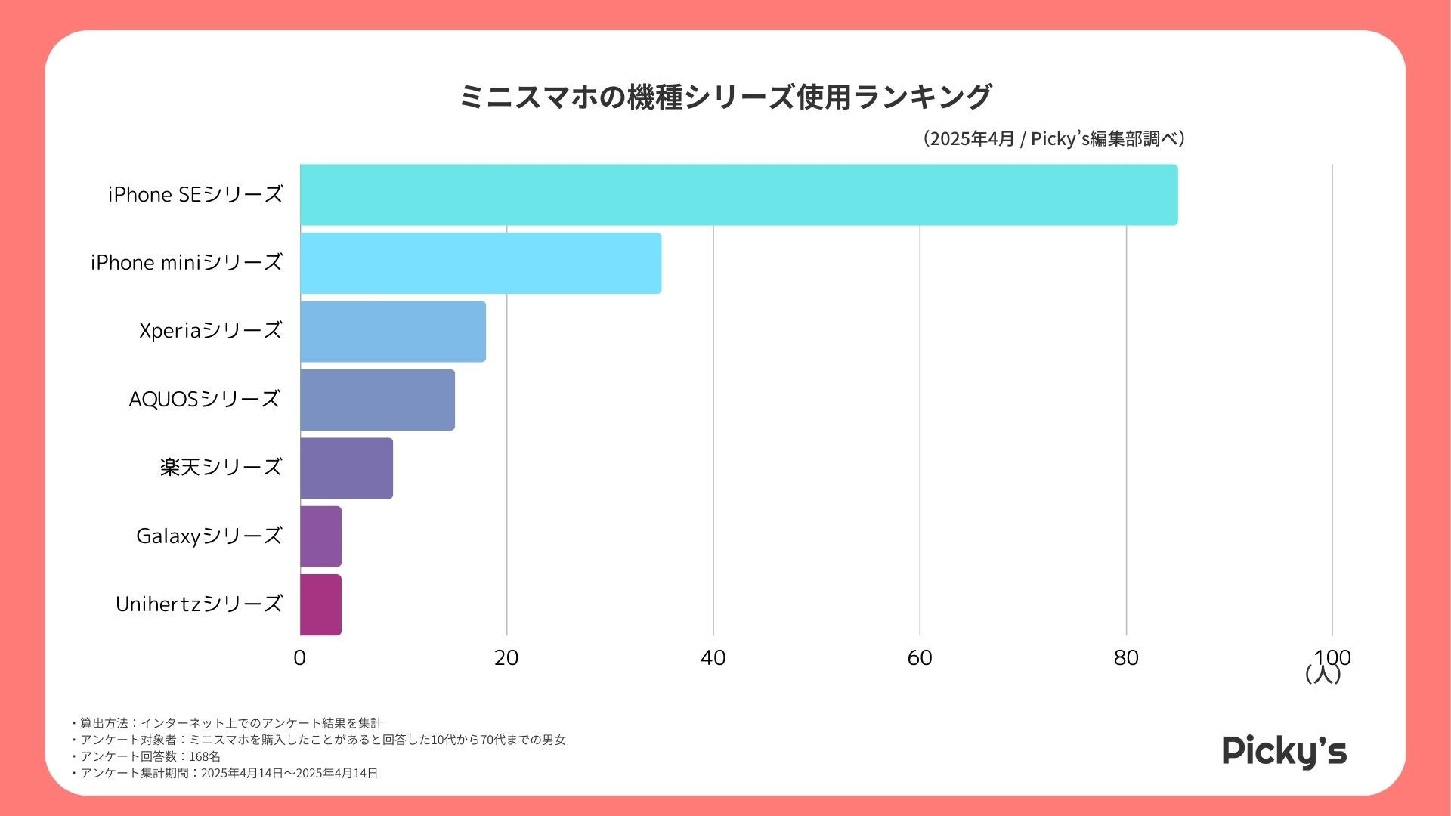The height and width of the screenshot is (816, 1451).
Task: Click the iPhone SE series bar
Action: [738, 195]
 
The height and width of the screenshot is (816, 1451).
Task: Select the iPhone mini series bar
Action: [481, 263]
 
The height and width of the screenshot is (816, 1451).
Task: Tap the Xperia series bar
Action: [393, 332]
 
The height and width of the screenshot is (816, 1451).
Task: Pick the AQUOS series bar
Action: [377, 400]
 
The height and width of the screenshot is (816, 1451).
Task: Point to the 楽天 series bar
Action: [346, 468]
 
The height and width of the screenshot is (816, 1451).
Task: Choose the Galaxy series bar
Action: [320, 536]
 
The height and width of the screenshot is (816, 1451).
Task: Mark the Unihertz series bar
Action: [320, 604]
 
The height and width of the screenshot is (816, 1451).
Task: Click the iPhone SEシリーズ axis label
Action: [195, 195]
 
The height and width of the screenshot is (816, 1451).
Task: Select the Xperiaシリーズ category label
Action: [210, 331]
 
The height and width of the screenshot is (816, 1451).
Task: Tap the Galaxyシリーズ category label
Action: [209, 536]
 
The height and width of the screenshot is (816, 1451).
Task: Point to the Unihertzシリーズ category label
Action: [199, 604]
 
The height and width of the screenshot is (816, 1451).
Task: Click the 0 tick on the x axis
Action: [300, 658]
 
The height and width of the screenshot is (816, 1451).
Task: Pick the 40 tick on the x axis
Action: [713, 658]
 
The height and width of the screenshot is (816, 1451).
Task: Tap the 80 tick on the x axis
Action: [1126, 658]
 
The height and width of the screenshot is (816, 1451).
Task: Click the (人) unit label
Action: [1323, 674]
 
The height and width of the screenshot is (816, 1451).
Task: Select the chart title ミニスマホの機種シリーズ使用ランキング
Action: [725, 97]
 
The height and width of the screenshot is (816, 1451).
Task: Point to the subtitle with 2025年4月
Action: [1053, 139]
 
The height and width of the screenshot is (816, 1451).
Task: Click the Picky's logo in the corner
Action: [1284, 752]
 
